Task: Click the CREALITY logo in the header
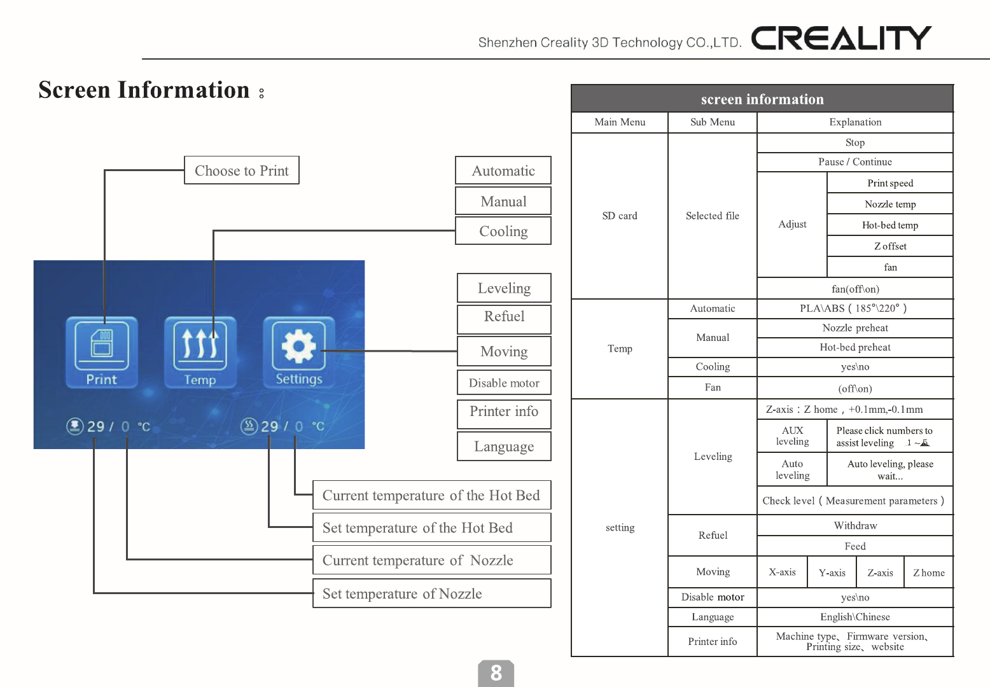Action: click(841, 38)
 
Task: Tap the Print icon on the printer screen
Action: click(102, 352)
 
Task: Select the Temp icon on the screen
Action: click(200, 352)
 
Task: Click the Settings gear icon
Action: click(299, 352)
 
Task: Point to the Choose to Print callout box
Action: click(242, 170)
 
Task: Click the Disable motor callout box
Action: click(504, 383)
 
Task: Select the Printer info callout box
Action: click(504, 412)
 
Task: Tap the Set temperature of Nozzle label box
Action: click(431, 593)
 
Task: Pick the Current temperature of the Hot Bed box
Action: click(431, 496)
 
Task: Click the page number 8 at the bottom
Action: click(496, 673)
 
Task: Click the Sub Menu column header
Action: click(713, 122)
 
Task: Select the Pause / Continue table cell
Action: click(855, 162)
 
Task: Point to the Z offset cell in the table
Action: click(890, 246)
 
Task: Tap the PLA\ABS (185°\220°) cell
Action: click(855, 309)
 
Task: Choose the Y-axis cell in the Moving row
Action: click(832, 572)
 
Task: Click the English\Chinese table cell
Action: click(855, 617)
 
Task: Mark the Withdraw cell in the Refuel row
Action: click(855, 525)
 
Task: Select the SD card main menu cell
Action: click(620, 216)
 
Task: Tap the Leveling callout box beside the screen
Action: click(504, 288)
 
